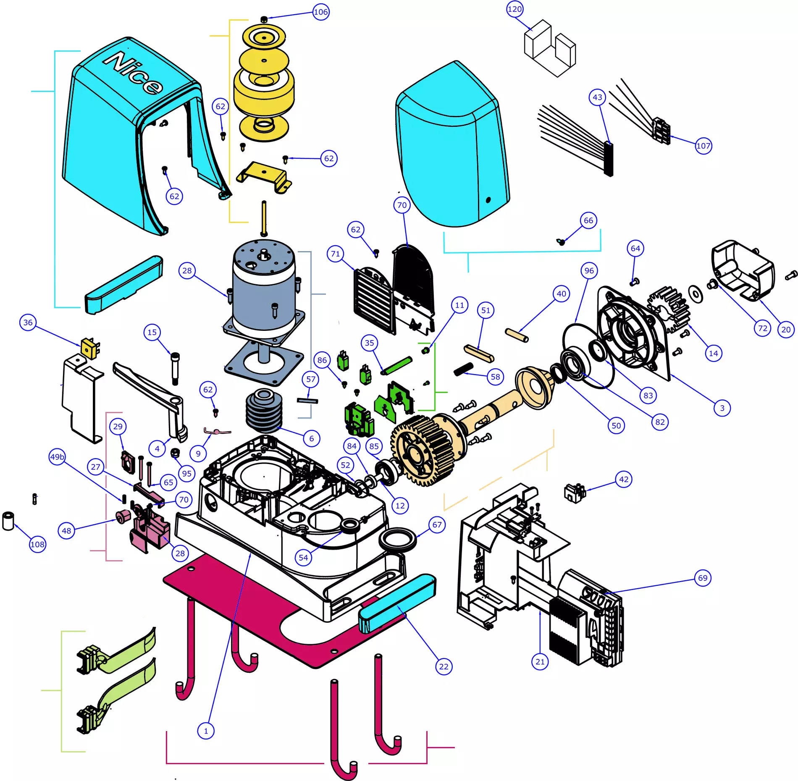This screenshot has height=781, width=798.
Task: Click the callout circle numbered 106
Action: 321,12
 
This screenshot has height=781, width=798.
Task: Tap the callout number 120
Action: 514,9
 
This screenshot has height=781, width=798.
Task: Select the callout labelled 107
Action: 703,146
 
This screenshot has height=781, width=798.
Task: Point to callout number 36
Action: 28,322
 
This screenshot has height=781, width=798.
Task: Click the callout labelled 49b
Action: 57,457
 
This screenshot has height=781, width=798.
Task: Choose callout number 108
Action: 37,545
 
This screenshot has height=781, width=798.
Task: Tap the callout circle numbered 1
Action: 206,731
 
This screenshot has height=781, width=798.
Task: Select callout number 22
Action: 444,667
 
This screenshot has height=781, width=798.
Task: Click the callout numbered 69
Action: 703,578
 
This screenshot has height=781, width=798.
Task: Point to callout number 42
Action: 624,480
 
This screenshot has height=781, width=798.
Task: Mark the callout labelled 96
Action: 589,271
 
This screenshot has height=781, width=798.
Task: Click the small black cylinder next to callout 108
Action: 8,521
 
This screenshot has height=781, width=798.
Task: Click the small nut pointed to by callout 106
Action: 264,19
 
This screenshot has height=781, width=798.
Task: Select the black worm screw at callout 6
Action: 264,411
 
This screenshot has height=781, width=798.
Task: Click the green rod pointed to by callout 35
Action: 397,365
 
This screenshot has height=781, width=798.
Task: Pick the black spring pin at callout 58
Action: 463,369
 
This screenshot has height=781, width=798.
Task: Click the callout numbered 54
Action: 303,558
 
